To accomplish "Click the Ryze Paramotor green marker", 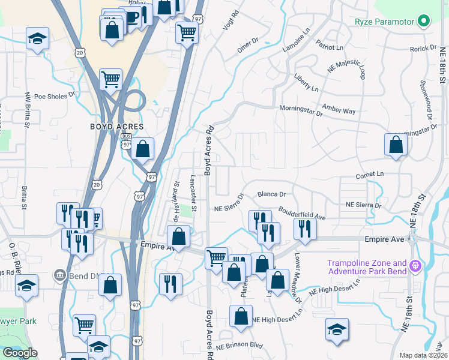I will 425,22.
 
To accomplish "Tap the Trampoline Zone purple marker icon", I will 414,265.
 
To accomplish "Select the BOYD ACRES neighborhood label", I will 116,127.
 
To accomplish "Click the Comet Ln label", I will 370,174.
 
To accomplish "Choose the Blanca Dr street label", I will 271,194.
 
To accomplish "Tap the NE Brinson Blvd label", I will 240,346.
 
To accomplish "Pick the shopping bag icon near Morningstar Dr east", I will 396,144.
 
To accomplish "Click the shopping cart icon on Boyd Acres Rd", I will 216,259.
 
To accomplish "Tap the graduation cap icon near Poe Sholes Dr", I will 37,39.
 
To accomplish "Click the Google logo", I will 20,353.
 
